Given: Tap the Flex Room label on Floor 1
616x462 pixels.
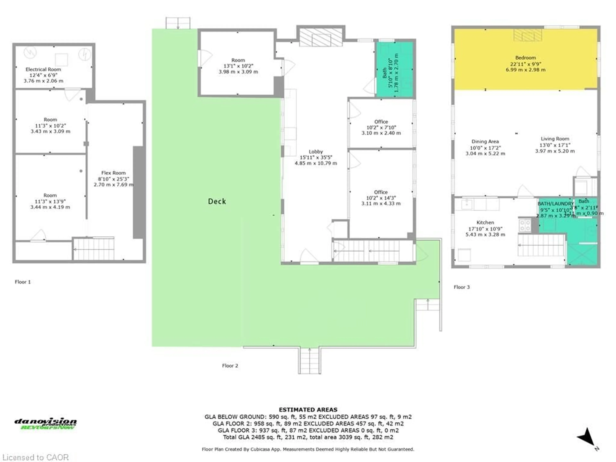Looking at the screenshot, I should point(113,173).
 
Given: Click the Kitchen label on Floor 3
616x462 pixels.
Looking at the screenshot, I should point(485,222).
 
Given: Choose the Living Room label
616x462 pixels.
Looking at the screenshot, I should point(555,139).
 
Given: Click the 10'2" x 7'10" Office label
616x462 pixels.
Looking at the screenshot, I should point(381,122).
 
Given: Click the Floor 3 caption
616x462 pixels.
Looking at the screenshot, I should point(462,287).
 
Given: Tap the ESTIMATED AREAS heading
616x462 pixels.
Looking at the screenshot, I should point(308,410).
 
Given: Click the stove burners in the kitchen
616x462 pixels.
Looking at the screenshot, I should point(525,225).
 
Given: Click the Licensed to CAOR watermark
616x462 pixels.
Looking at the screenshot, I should point(35,457).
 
